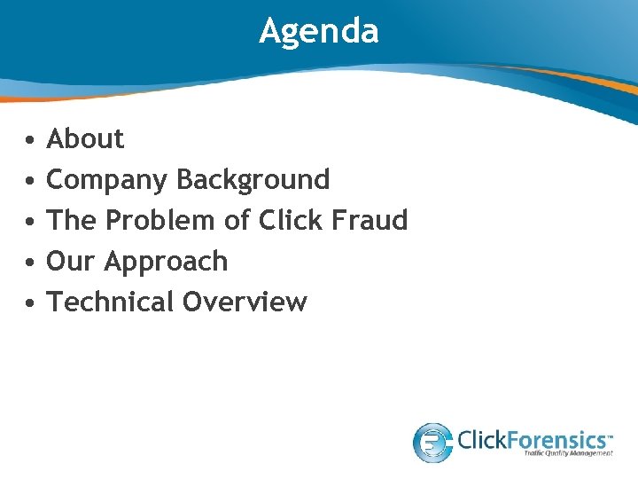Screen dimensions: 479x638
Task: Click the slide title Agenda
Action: (x=319, y=32)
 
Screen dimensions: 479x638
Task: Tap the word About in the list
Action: (x=85, y=139)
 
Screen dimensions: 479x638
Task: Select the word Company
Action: (x=107, y=180)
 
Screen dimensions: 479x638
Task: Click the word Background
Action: (x=253, y=180)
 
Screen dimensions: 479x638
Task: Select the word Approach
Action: (x=167, y=263)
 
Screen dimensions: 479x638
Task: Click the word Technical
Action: (x=110, y=302)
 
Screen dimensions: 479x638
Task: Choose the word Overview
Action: (x=245, y=302)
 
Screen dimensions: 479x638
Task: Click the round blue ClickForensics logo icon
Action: (x=433, y=442)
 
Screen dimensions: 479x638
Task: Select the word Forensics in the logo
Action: (x=558, y=438)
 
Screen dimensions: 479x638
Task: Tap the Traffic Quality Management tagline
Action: (x=567, y=453)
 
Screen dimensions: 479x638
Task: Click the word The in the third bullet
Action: (x=69, y=220)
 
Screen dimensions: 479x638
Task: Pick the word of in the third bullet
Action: (x=237, y=220)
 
